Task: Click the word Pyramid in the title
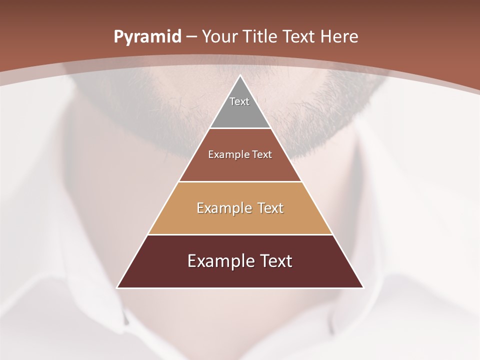pyautogui.click(x=147, y=37)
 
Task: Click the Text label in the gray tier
pyautogui.click(x=239, y=101)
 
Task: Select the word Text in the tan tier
pyautogui.click(x=270, y=208)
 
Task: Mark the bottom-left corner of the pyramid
pyautogui.click(x=118, y=287)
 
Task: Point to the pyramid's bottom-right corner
pyautogui.click(x=362, y=287)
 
